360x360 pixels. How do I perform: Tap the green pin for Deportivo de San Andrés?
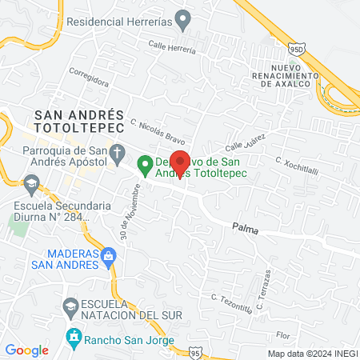(x=145, y=166)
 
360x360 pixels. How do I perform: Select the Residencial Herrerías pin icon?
(x=183, y=18)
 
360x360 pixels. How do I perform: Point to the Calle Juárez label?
(x=244, y=143)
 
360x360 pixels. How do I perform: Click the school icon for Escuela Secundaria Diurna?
(x=30, y=186)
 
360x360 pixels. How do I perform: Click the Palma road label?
(x=246, y=226)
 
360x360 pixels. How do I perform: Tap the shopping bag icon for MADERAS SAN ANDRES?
(x=110, y=256)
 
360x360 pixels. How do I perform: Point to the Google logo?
(x=27, y=350)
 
